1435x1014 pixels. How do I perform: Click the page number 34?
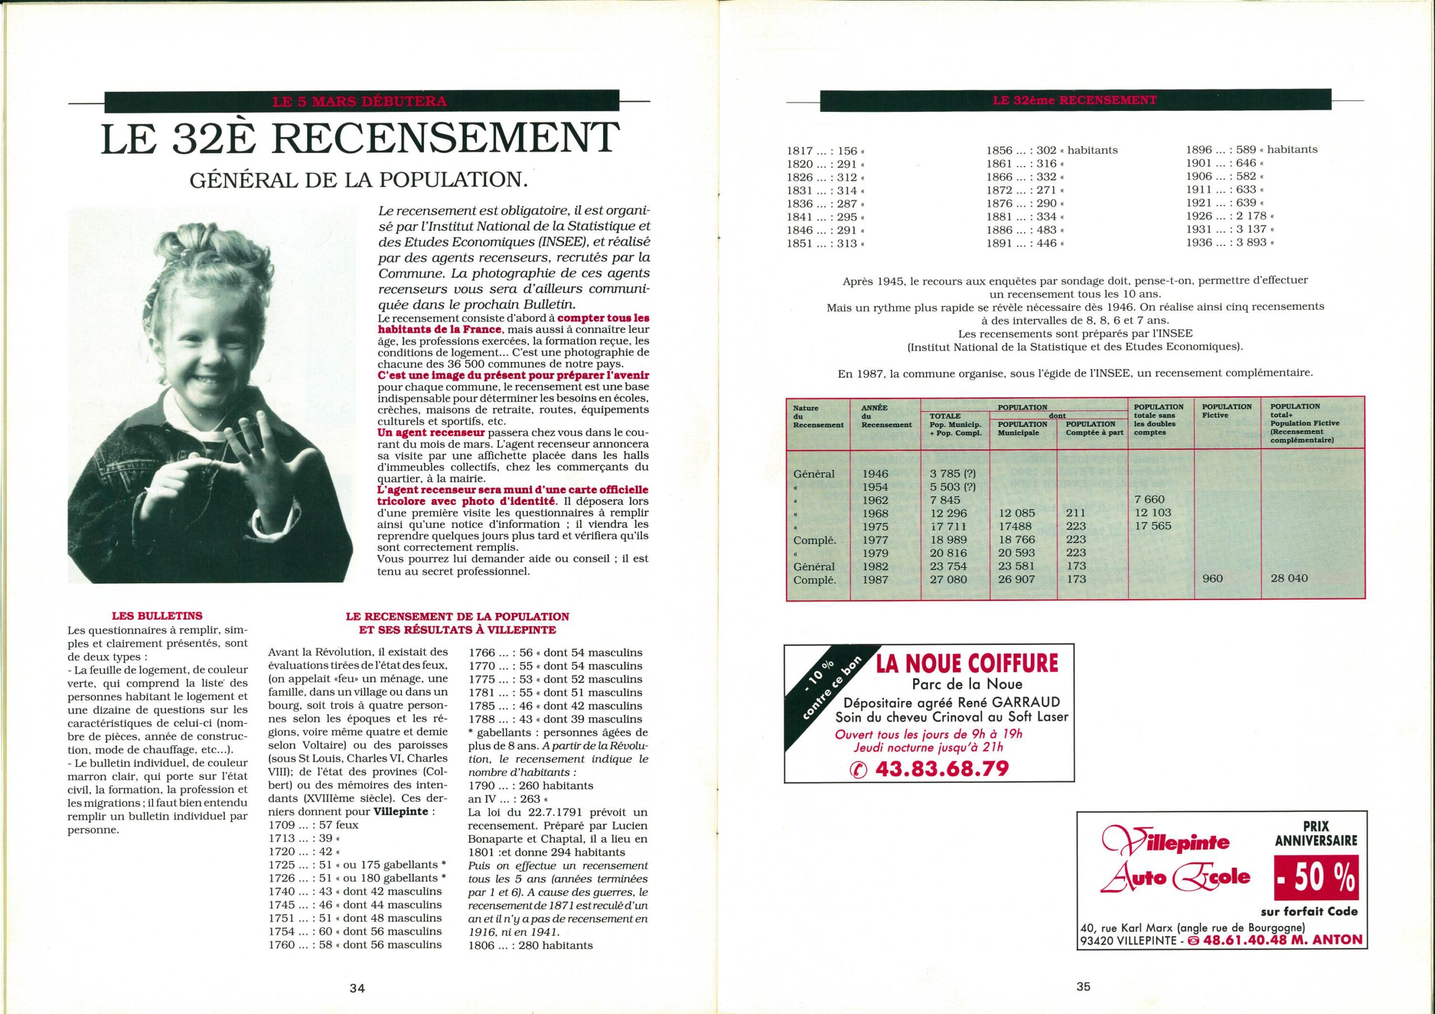tap(357, 988)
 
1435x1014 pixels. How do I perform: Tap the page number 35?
tap(1083, 987)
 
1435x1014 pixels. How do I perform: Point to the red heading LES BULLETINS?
tap(156, 615)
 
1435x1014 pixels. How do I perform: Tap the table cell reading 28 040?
tap(1289, 579)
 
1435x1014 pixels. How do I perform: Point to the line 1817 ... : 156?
tap(825, 151)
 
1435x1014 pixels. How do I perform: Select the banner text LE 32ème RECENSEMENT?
tap(1075, 100)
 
